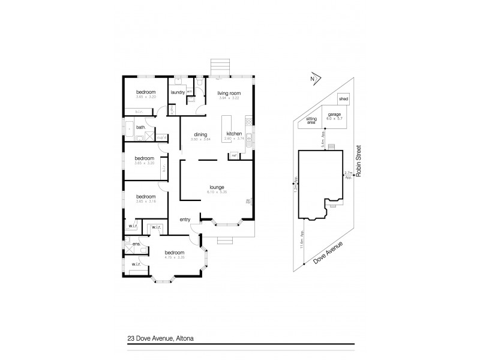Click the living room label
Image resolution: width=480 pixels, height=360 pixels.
click(229, 92)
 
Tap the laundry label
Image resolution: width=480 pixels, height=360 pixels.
click(177, 92)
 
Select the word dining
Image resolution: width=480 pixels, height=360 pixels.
click(200, 134)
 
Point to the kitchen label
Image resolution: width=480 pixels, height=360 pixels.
click(235, 134)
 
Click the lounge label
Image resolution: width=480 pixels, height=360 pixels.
click(217, 187)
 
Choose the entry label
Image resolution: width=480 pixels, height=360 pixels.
click(185, 220)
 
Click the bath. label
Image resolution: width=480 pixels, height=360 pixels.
click(140, 127)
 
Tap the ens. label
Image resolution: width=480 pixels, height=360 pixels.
click(128, 244)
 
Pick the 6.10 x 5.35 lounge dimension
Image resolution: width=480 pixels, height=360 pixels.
click(217, 192)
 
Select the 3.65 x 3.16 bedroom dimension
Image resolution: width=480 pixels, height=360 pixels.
click(145, 202)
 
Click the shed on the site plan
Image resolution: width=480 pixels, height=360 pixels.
click(343, 98)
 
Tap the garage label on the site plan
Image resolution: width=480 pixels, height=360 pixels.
click(334, 113)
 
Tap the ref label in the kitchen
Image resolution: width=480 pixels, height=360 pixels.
click(234, 155)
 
